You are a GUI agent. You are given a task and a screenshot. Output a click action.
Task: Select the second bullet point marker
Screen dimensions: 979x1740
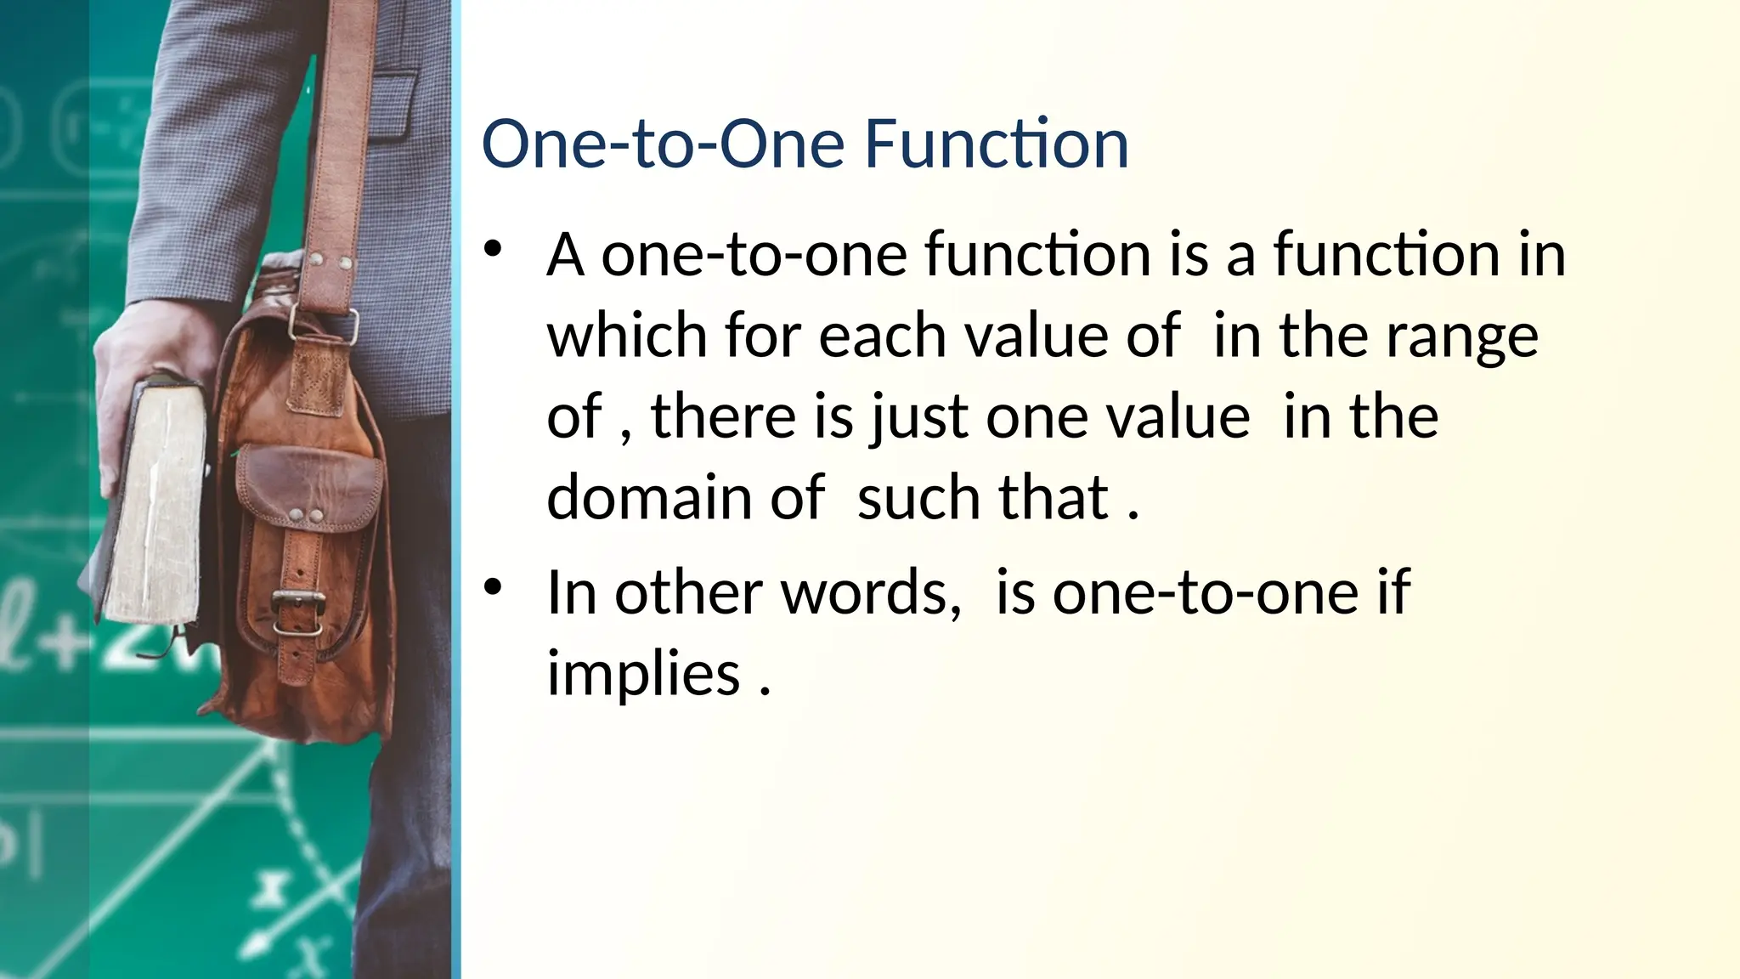(494, 586)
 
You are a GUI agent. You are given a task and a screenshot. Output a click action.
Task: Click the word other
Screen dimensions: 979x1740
(689, 592)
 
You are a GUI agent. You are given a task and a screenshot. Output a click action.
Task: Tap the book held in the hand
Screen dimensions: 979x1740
(153, 501)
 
